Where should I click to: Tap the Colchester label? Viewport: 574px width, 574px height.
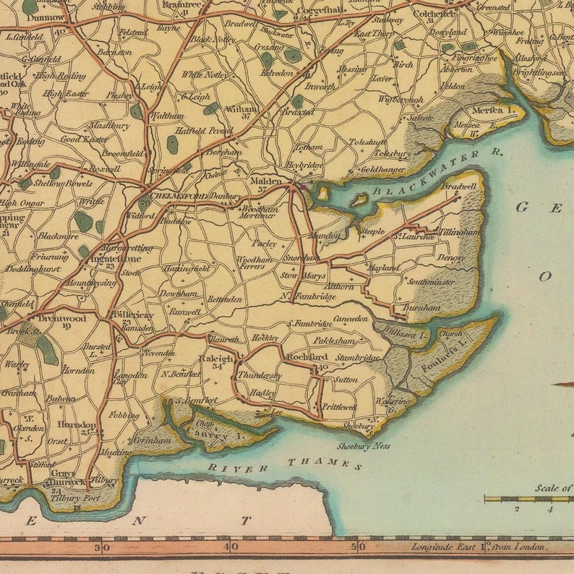[x=434, y=12]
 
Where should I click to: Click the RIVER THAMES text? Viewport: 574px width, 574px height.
[x=285, y=466]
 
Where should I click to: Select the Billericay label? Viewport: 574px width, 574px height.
[x=134, y=315]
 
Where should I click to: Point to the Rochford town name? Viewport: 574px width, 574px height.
[x=307, y=357]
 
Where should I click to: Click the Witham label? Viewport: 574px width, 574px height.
[x=242, y=108]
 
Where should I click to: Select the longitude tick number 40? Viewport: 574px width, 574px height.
[x=230, y=547]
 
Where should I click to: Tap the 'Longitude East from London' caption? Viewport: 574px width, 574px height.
[x=477, y=547]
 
